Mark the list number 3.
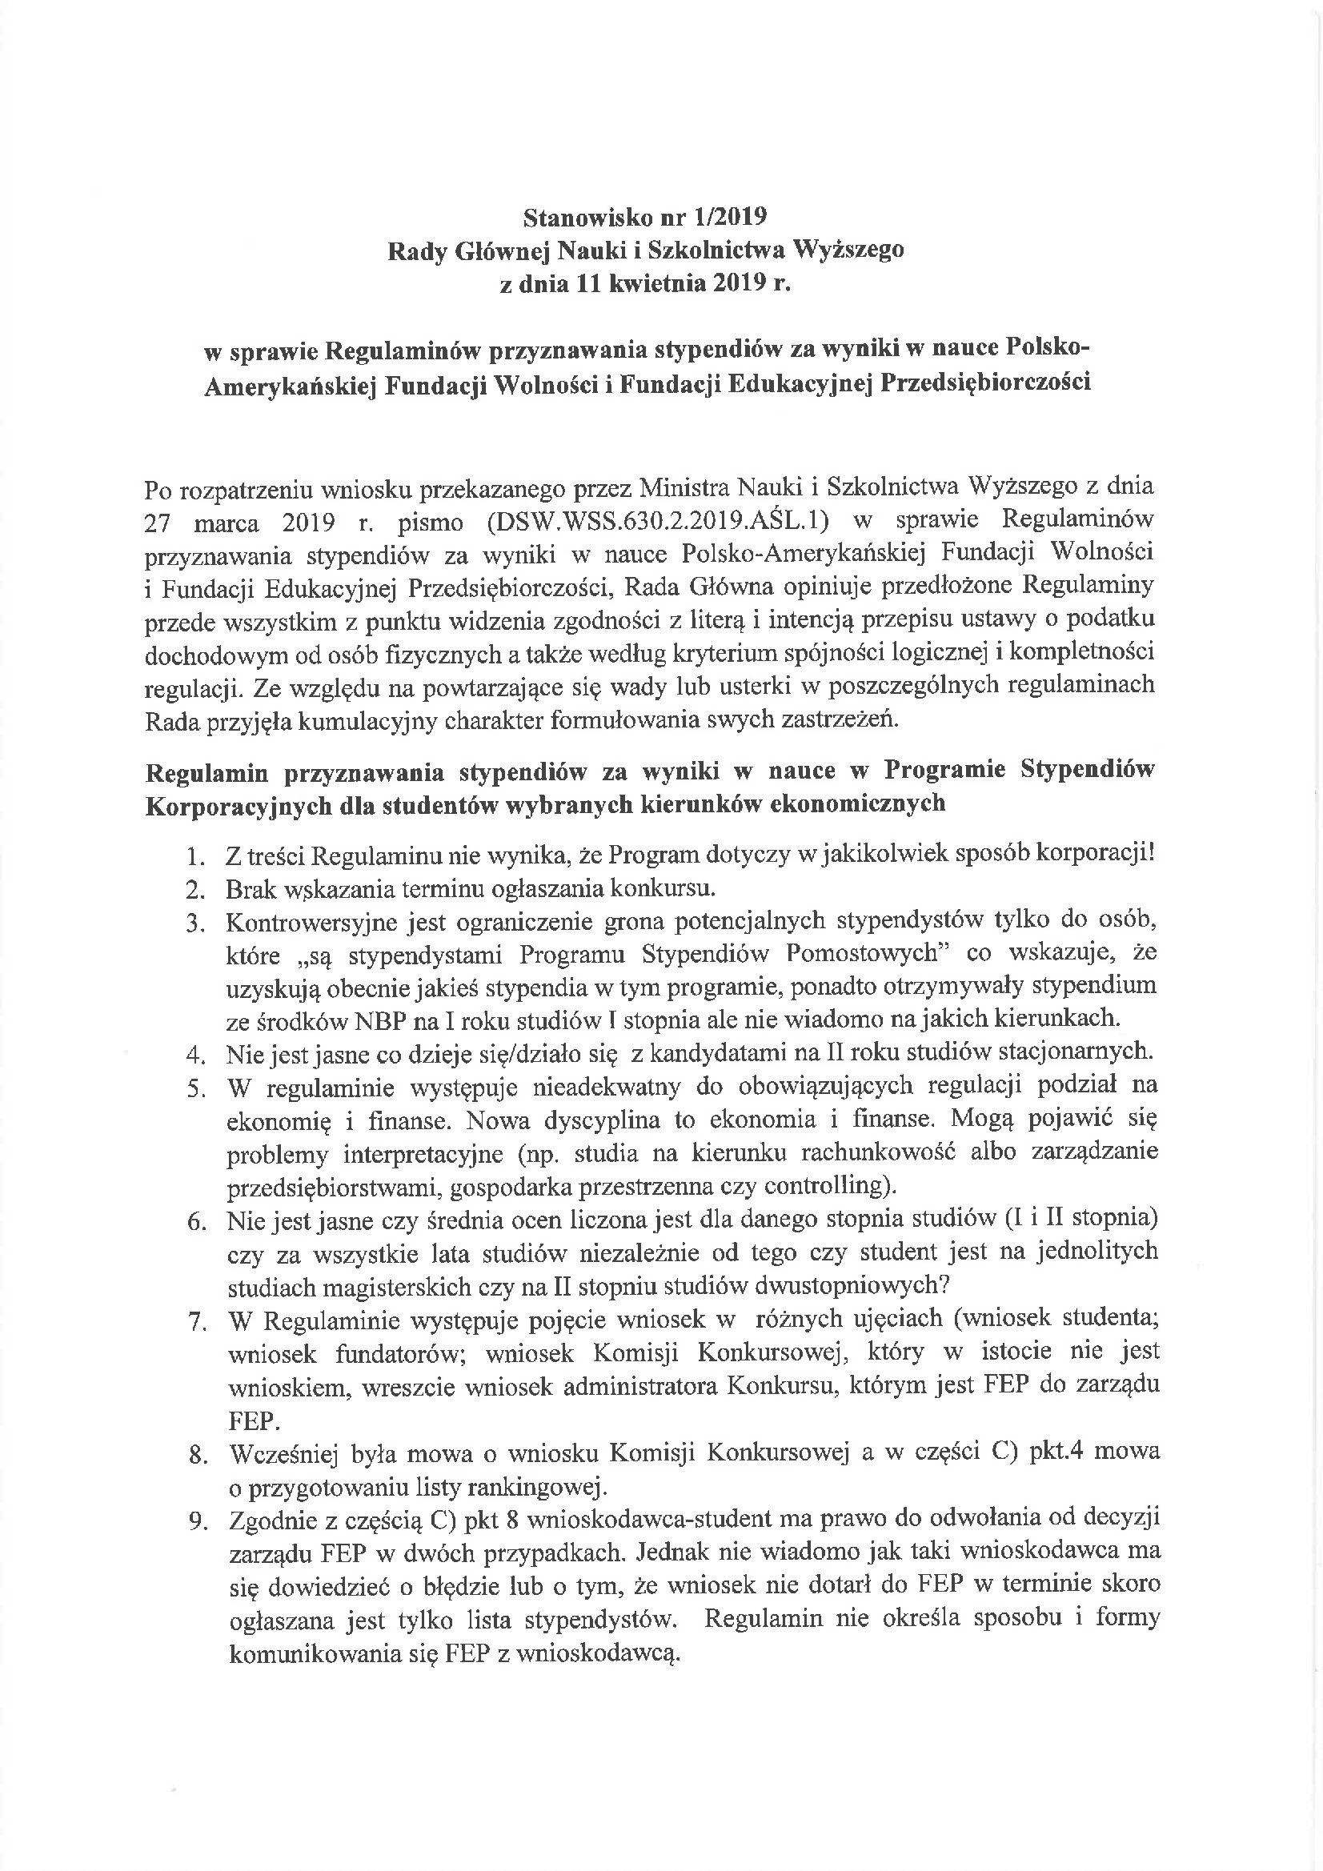point(194,923)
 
